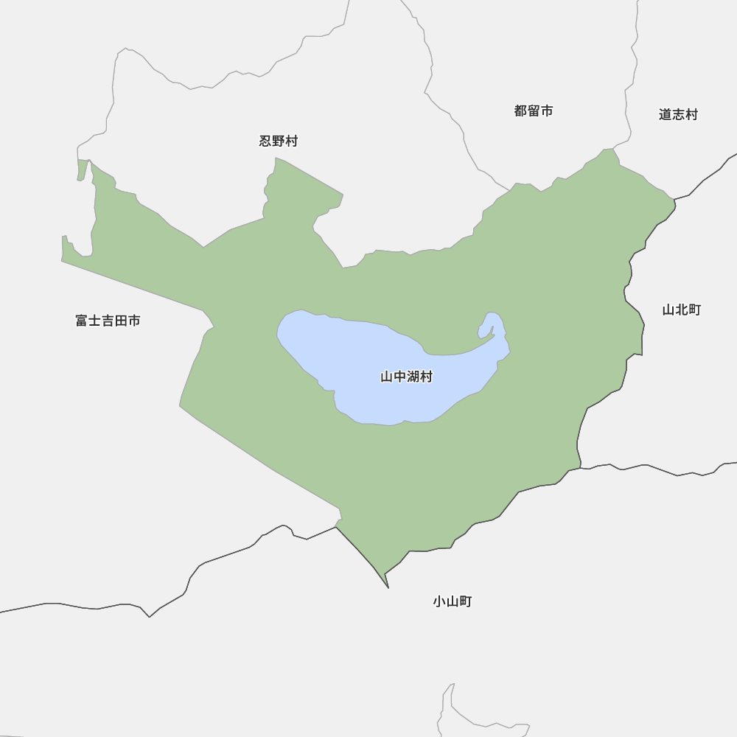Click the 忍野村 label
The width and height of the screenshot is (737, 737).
click(279, 142)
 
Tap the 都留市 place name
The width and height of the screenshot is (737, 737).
click(534, 111)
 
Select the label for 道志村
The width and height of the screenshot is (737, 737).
click(678, 115)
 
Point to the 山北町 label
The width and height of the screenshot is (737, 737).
click(681, 310)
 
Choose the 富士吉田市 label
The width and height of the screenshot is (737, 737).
click(108, 321)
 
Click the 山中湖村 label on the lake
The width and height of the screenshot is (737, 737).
click(406, 377)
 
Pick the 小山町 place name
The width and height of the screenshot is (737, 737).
click(452, 601)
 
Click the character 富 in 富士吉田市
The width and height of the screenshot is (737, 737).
click(82, 321)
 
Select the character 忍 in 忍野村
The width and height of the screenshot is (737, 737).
click(266, 142)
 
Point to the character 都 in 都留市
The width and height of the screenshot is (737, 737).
click(521, 111)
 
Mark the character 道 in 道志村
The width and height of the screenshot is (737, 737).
click(666, 115)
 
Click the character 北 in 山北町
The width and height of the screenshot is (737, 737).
click(681, 310)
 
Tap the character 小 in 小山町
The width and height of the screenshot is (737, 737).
click(439, 601)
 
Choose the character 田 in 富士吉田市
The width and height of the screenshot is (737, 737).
click(121, 321)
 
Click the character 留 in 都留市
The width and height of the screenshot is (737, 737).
click(534, 111)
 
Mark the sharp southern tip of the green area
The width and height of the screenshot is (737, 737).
click(388, 587)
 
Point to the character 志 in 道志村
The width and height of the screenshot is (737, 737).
click(678, 115)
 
